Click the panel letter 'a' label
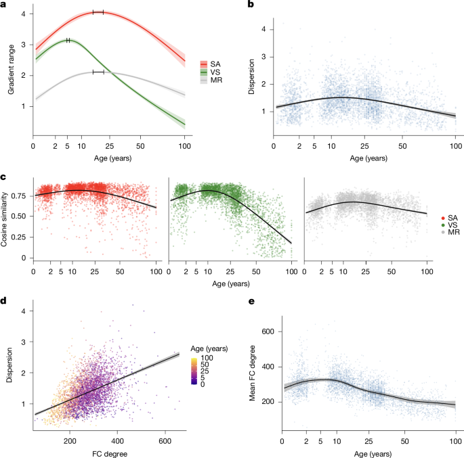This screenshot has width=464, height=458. (3, 5)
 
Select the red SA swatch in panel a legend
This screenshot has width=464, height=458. (205, 64)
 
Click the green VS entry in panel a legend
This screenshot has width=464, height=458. (205, 72)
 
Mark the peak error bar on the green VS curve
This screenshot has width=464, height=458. (68, 40)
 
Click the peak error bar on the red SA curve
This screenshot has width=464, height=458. (98, 12)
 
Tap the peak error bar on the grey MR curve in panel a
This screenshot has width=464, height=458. (98, 72)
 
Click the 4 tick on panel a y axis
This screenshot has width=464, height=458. (24, 14)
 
